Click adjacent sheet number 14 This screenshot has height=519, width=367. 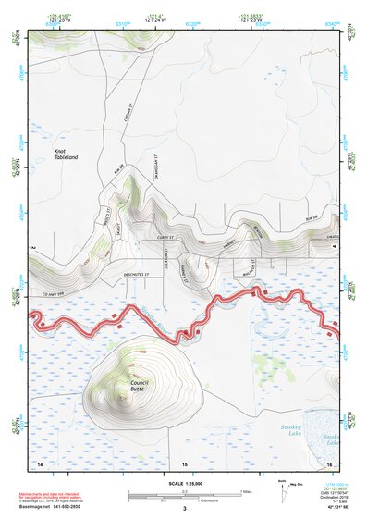pyautogui.click(x=40, y=461)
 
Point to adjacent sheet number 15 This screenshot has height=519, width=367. pyautogui.click(x=184, y=462)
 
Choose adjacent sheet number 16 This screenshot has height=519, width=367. pyautogui.click(x=329, y=461)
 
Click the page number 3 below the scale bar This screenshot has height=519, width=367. pyautogui.click(x=184, y=508)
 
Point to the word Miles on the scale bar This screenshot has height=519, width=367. pyautogui.click(x=245, y=490)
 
